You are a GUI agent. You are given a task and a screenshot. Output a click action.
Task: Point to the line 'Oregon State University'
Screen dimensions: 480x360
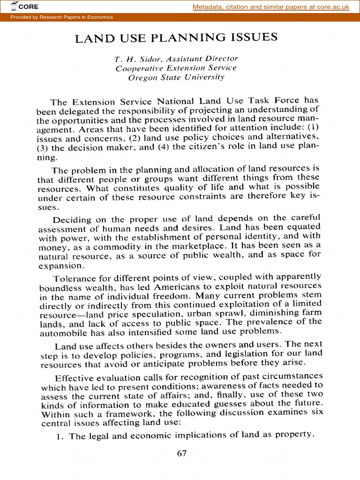tap(176, 77)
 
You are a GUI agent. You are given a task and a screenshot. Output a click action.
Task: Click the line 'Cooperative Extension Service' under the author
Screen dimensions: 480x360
tap(176, 68)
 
